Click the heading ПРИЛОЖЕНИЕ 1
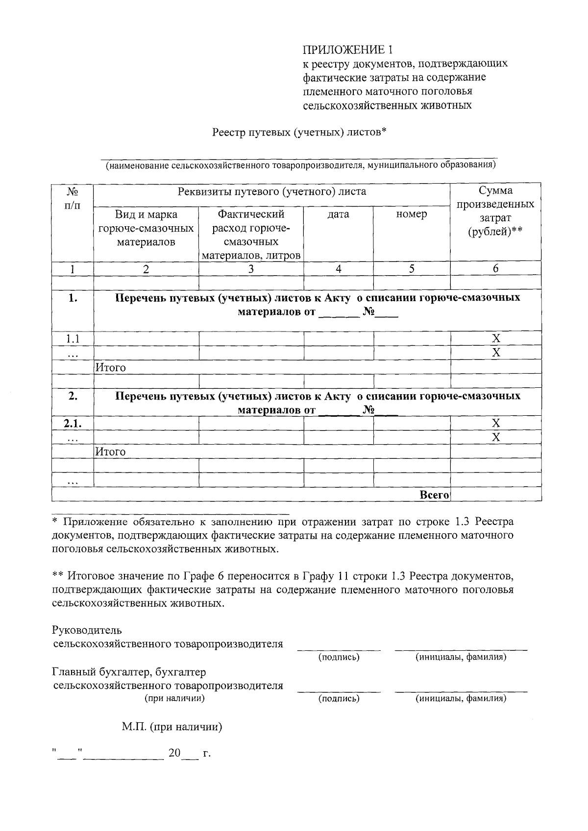(347, 49)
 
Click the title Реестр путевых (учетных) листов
(299, 132)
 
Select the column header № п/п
(73, 198)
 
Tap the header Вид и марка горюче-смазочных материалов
(146, 228)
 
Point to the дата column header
(338, 214)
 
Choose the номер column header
(412, 214)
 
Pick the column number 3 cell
(251, 268)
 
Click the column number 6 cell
(495, 268)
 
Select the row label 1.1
(73, 338)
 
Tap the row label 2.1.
(73, 423)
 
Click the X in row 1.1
(496, 338)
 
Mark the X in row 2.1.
(496, 423)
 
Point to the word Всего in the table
(435, 495)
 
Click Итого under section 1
(111, 367)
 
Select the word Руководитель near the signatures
(87, 630)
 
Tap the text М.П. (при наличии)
(172, 727)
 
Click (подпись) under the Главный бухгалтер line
(339, 699)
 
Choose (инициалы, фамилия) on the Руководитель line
(461, 657)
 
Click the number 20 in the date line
(174, 753)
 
